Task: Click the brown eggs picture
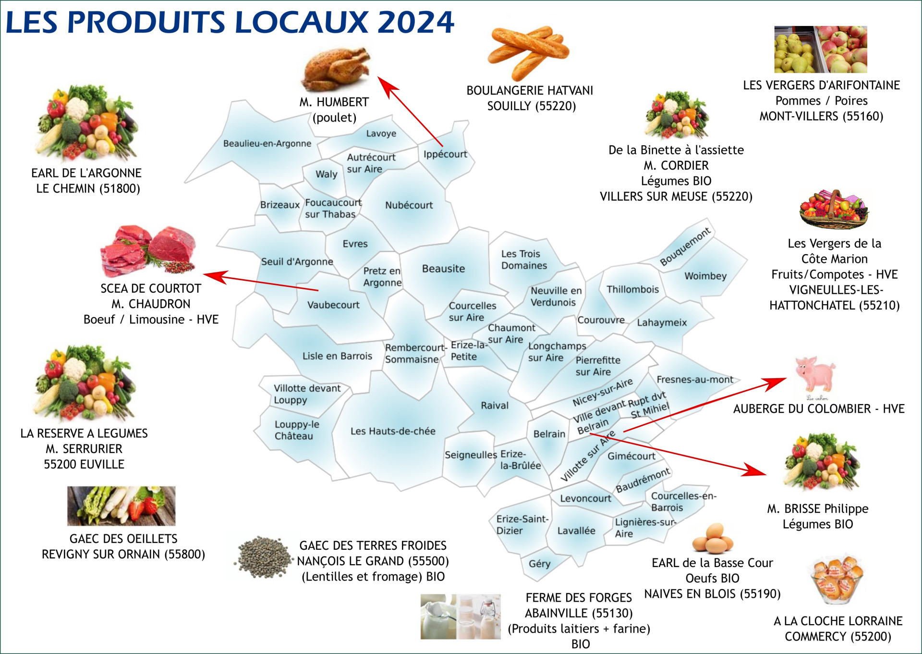(713, 538)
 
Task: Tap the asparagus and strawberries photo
(121, 506)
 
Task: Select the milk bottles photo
(461, 617)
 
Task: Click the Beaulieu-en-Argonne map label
(267, 143)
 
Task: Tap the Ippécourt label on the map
(445, 154)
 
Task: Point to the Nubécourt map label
(409, 205)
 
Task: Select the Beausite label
(443, 269)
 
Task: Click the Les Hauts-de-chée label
(393, 431)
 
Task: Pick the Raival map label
(495, 406)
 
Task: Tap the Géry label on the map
(539, 564)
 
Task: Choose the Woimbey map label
(705, 276)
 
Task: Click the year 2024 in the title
(416, 22)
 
